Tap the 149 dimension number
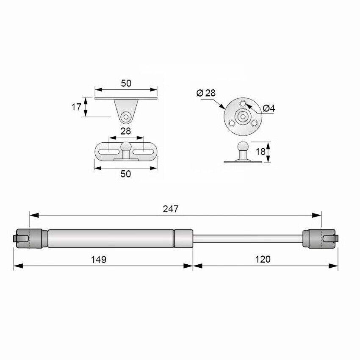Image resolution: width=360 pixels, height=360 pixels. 99,259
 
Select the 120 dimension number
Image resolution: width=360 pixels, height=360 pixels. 263,259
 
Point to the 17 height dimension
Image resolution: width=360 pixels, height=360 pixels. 76,107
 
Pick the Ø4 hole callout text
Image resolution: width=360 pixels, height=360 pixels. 269,108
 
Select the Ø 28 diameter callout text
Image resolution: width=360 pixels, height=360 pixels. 206,93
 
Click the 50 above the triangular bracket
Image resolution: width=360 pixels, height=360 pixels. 126,83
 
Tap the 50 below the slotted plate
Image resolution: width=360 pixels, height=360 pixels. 126,174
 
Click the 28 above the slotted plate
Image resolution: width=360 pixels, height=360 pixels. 126,131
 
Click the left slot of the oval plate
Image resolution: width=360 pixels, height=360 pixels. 109,150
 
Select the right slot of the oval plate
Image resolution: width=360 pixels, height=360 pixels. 143,150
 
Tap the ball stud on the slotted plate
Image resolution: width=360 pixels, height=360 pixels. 126,149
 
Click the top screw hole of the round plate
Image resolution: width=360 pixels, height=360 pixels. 242,104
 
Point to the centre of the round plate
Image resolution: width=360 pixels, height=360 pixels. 242,116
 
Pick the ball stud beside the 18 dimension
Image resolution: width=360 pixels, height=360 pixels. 243,148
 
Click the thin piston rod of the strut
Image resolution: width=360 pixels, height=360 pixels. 248,238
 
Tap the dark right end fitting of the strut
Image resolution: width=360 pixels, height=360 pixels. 320,238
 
